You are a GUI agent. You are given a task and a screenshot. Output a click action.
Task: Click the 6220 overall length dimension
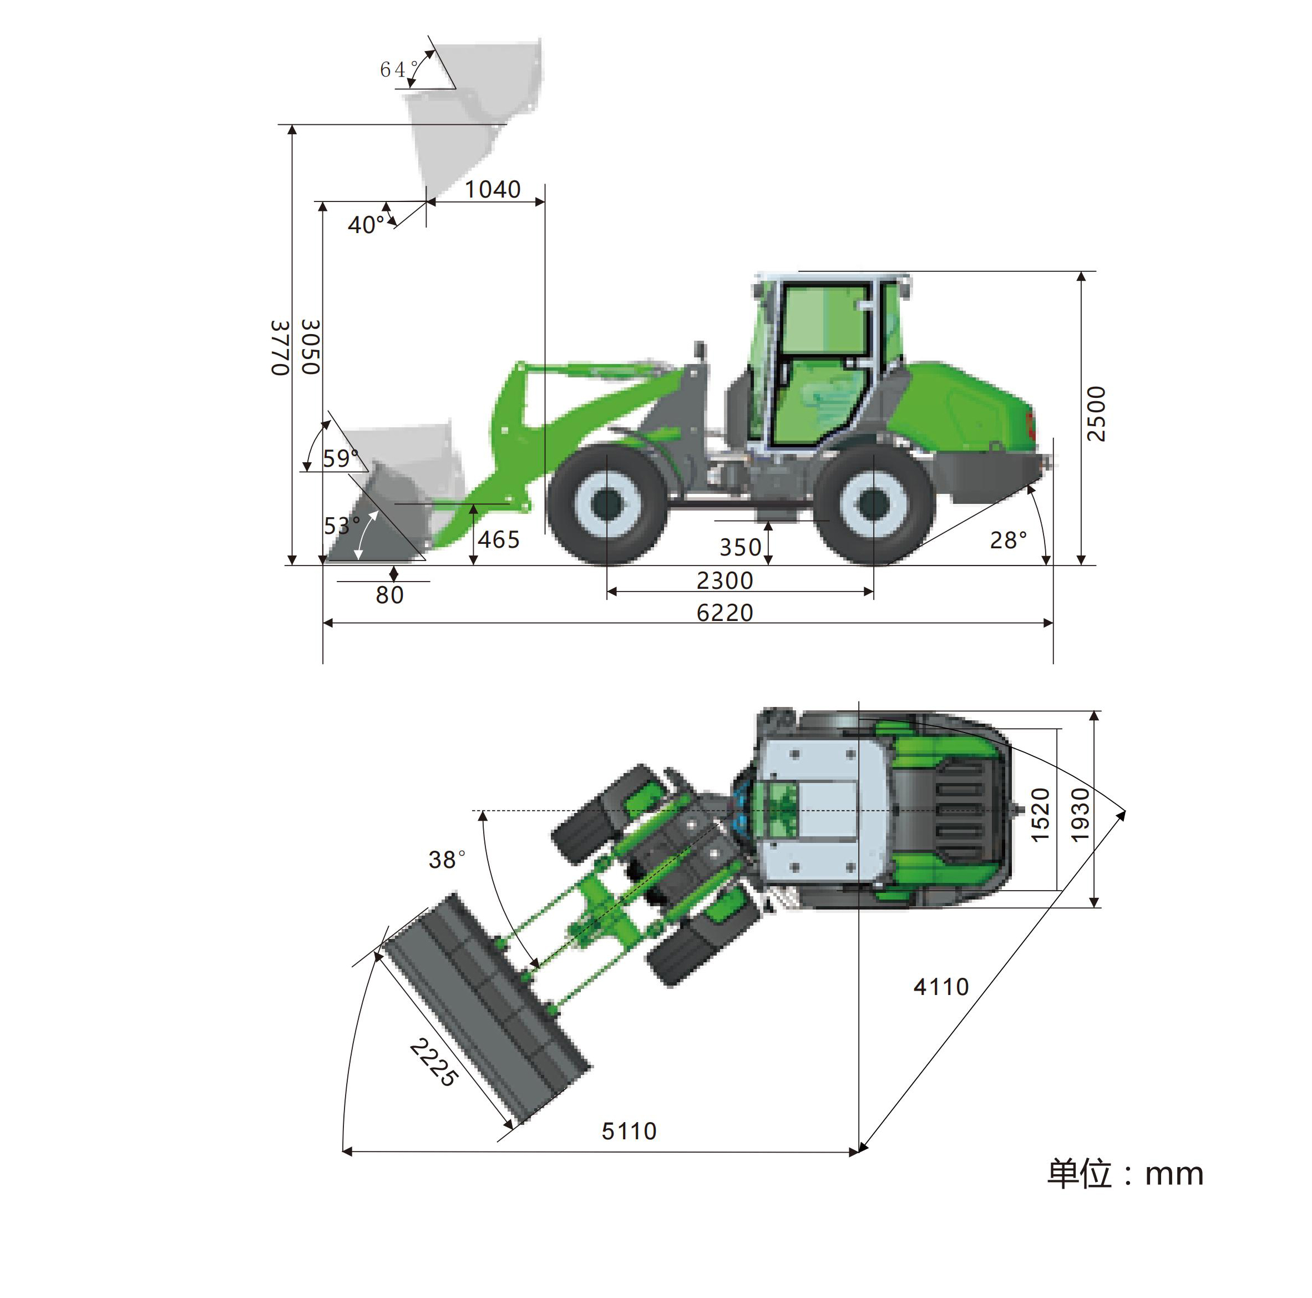pyautogui.click(x=725, y=613)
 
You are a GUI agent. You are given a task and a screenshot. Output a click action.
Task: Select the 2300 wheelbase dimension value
pyautogui.click(x=725, y=580)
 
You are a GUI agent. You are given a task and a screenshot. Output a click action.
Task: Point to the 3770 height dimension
pyautogui.click(x=281, y=348)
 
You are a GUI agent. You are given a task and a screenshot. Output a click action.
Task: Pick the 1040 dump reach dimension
pyautogui.click(x=492, y=189)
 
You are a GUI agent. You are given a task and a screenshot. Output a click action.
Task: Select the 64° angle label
pyautogui.click(x=399, y=69)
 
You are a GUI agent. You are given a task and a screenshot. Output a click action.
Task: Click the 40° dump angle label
pyautogui.click(x=367, y=224)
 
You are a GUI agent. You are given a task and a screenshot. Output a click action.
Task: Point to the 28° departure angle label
pyautogui.click(x=1009, y=540)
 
